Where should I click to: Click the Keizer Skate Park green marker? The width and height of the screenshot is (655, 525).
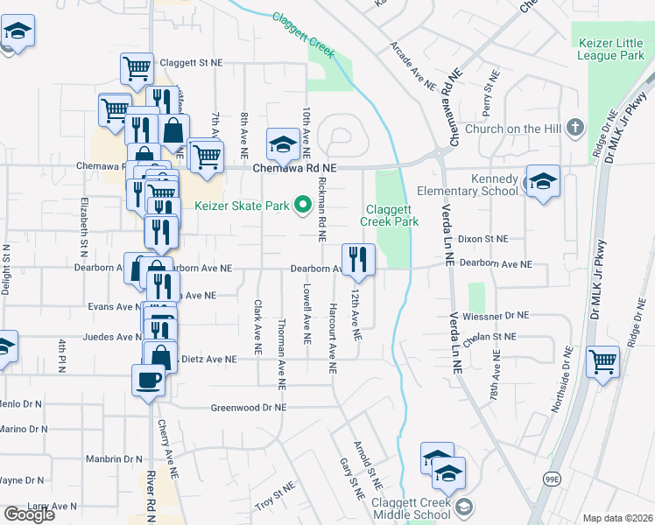pyautogui.click(x=304, y=206)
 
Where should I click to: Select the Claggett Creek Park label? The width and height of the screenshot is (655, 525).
pyautogui.click(x=391, y=216)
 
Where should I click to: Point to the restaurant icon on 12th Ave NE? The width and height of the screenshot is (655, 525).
pyautogui.click(x=358, y=258)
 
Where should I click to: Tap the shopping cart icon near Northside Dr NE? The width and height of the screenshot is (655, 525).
pyautogui.click(x=603, y=361)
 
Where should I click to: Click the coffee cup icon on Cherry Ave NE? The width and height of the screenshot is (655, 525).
pyautogui.click(x=147, y=380)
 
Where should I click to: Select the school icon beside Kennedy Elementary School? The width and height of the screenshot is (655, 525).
pyautogui.click(x=543, y=183)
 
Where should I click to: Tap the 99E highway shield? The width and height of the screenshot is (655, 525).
pyautogui.click(x=552, y=479)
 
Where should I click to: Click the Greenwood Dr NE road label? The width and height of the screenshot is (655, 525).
pyautogui.click(x=249, y=408)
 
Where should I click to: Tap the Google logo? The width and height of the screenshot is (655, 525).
pyautogui.click(x=29, y=514)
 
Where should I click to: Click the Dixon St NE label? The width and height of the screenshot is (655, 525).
pyautogui.click(x=482, y=238)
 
